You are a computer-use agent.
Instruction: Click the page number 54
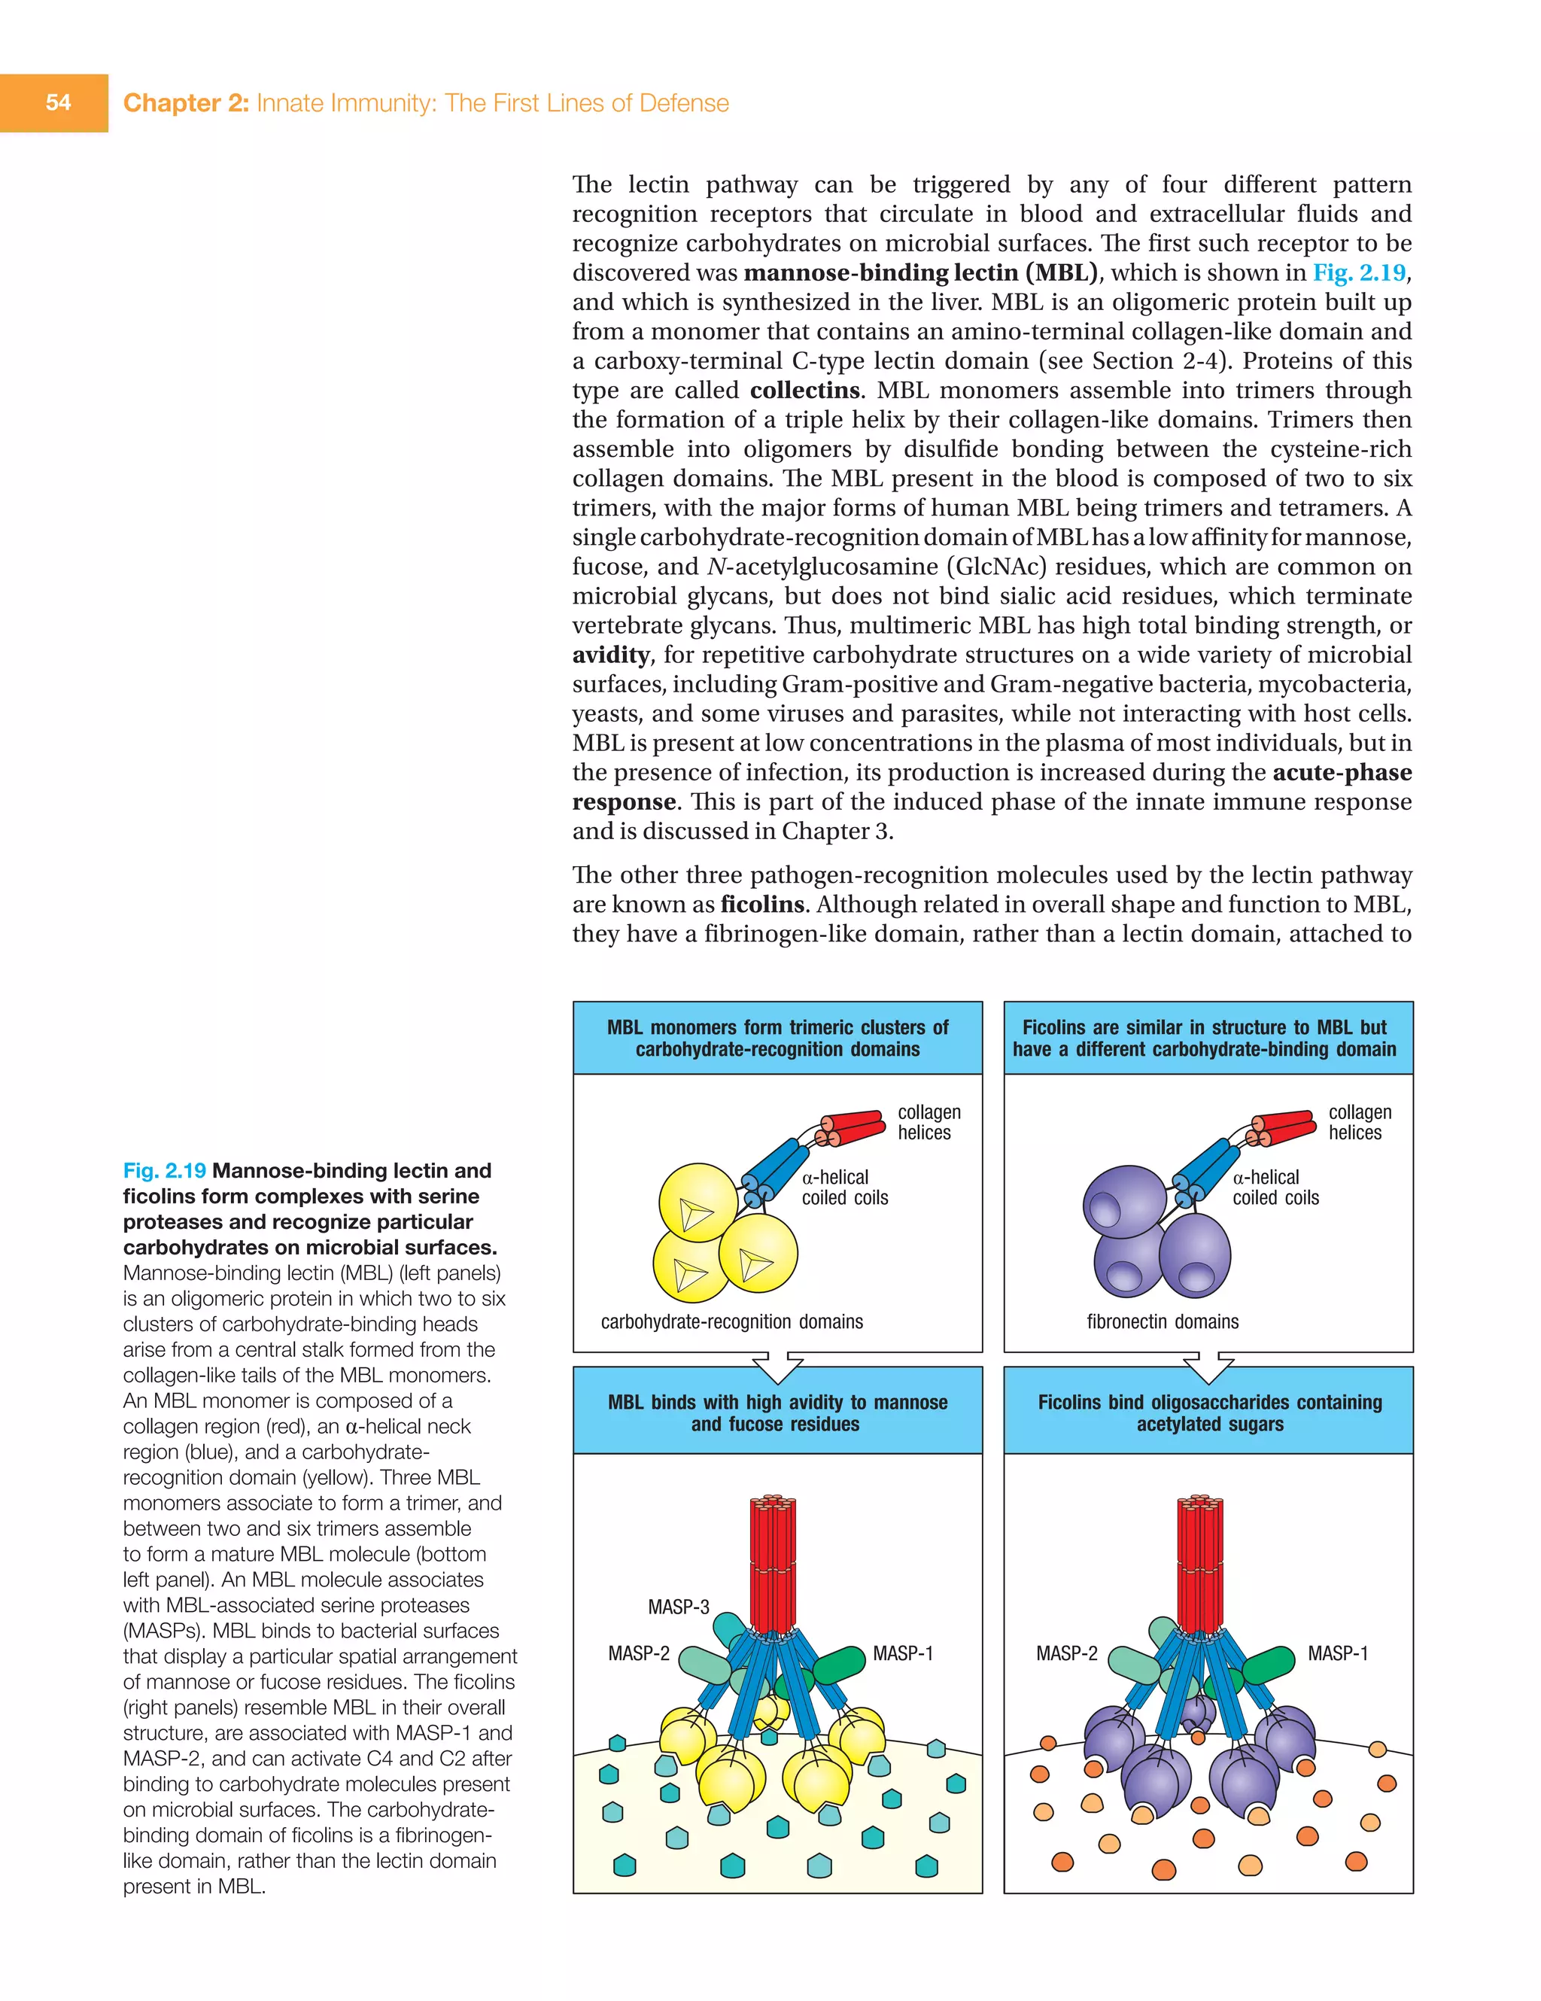click(58, 102)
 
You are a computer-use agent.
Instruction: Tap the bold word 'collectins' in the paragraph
click(804, 391)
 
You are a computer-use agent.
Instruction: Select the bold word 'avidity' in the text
click(611, 655)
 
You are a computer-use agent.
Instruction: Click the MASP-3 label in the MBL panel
click(678, 1607)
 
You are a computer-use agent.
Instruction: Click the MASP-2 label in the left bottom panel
click(639, 1654)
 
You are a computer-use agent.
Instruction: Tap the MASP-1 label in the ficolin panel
click(1338, 1654)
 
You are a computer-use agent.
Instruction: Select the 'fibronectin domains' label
click(1163, 1322)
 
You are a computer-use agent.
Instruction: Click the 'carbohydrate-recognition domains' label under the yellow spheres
click(732, 1322)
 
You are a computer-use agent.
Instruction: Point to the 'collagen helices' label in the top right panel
click(1360, 1122)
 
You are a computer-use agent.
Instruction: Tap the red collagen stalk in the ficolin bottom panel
click(1199, 1562)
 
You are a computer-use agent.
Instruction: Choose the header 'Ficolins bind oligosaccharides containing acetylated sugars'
click(1209, 1413)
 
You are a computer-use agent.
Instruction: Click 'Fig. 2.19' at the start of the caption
click(164, 1171)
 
